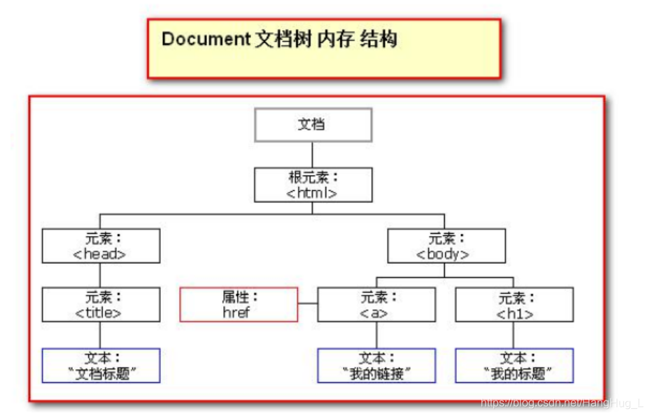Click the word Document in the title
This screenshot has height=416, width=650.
205,39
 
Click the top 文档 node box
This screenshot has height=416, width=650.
312,125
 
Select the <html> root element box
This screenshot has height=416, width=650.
312,185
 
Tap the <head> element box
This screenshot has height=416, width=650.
101,246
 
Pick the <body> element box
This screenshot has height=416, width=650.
446,246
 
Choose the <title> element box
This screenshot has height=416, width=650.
101,305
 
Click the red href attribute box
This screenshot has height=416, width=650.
239,305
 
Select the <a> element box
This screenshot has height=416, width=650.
376,305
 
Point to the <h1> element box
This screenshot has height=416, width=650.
514,305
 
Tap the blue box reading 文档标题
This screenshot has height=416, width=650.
101,366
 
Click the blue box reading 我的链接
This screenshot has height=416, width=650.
376,366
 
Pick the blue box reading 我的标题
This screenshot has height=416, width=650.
514,366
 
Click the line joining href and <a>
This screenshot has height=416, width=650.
307,304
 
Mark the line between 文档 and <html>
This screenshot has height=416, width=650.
312,155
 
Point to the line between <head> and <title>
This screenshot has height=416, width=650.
101,275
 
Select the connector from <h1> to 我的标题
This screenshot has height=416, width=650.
514,335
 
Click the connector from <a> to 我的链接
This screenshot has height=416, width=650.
376,335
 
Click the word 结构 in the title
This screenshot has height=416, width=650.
379,39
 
